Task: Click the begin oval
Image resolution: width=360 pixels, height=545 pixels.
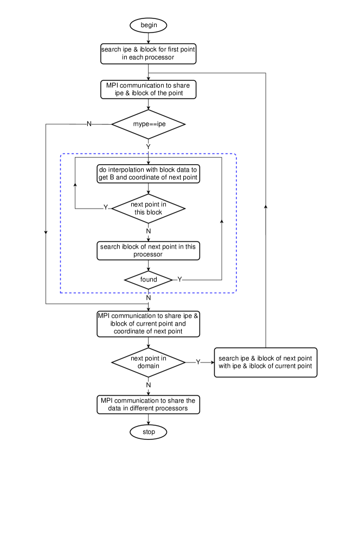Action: (148, 25)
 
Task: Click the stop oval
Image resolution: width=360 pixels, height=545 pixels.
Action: (148, 432)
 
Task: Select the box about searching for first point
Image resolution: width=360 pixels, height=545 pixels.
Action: (148, 53)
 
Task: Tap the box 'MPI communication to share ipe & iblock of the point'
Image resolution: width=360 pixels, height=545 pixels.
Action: (148, 89)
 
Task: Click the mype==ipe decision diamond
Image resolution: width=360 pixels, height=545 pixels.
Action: (148, 124)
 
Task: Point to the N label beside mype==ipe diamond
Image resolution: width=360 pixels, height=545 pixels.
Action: (89, 124)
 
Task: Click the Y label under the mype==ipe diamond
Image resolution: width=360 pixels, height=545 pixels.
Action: (148, 147)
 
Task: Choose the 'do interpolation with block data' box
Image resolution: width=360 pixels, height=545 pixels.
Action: (148, 173)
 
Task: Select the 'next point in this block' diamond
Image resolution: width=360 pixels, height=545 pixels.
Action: (148, 209)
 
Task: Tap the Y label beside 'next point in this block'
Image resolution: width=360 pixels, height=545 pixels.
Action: (106, 208)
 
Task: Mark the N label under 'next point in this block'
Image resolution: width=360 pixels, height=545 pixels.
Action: (148, 232)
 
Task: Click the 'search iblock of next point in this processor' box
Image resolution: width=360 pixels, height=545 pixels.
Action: (148, 250)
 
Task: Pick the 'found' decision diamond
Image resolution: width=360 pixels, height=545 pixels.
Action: (148, 280)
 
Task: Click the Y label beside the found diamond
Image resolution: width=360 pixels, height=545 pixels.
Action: (179, 280)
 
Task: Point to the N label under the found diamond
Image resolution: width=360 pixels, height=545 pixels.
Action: (148, 298)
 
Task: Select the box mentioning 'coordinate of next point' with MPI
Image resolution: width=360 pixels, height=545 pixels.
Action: (148, 323)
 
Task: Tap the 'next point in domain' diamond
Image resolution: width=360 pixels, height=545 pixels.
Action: (148, 362)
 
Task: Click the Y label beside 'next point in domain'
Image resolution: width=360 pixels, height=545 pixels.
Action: (198, 362)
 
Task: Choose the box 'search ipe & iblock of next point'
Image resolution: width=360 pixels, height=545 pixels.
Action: (265, 362)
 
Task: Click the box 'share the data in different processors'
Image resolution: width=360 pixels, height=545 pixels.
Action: (148, 404)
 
